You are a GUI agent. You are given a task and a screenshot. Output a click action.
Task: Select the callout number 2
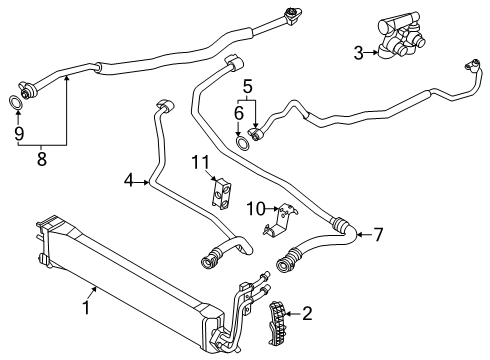tap(308, 313)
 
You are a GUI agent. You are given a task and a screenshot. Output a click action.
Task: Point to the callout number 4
tap(128, 181)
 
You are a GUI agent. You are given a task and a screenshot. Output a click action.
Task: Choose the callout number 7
tap(378, 235)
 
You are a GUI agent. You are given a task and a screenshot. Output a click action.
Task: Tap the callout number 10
tap(254, 207)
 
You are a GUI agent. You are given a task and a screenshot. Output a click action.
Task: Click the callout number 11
tap(198, 161)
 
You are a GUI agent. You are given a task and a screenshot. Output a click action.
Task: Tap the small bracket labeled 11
tap(221, 191)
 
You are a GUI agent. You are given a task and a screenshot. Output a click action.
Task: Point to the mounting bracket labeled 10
tap(282, 221)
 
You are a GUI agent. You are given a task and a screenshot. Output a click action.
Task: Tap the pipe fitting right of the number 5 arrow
tap(262, 131)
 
